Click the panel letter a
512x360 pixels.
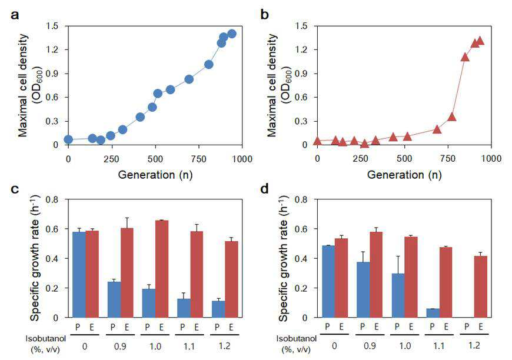click(15, 15)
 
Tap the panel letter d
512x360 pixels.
click(264, 188)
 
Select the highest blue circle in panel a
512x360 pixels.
click(232, 34)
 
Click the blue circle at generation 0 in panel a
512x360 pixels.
click(68, 139)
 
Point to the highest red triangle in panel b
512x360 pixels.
click(480, 41)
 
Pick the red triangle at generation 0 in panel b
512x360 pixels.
click(317, 141)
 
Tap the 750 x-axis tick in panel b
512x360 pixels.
click(448, 159)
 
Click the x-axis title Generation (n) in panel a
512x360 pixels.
click(155, 175)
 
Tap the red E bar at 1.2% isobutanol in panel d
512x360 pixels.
click(481, 286)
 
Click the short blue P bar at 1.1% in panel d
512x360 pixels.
click(433, 313)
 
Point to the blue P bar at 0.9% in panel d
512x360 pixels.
click(364, 290)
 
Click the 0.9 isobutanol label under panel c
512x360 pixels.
click(120, 346)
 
